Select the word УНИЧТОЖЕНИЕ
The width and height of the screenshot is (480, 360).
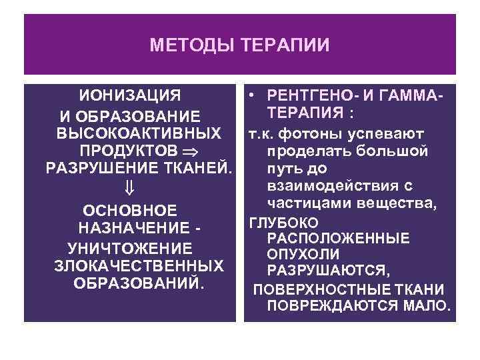131,249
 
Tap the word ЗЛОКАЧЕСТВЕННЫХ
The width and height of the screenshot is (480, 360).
138,266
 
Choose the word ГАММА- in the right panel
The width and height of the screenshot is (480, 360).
414,93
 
